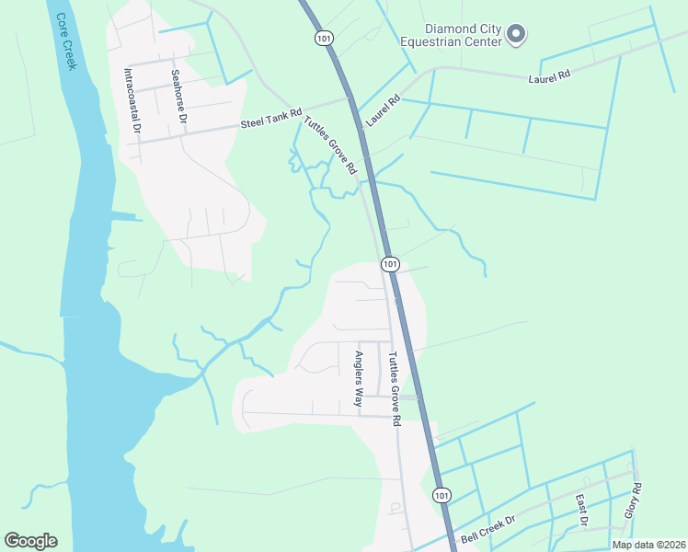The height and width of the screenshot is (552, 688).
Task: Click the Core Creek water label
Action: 64,41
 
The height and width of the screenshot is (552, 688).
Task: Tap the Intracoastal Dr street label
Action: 132,101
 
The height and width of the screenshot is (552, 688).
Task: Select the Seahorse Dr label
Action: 178,96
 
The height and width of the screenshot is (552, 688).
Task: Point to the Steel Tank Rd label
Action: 271,118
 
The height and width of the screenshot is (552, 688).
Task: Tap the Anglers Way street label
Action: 361,378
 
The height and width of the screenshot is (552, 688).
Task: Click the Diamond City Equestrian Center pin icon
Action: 517,35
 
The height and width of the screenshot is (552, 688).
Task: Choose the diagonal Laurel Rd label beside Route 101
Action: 384,110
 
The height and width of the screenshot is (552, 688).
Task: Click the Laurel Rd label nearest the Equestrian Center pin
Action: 550,79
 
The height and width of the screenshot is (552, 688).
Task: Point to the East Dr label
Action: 581,511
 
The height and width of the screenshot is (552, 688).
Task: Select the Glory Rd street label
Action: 632,500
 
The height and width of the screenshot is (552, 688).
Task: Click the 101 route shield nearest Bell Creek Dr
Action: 442,495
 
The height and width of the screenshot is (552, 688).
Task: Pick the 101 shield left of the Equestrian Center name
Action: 324,38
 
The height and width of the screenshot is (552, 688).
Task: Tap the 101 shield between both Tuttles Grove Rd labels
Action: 390,264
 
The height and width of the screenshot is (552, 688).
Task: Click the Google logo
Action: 30,541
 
